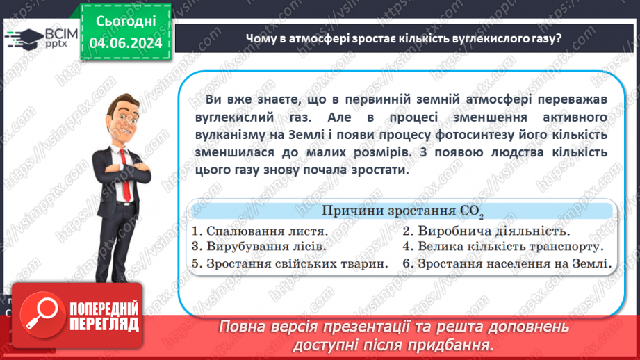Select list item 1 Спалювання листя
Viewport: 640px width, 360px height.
coord(261,231)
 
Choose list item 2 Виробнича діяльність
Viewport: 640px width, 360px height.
coord(486,231)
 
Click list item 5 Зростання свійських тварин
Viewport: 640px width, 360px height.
coord(289,263)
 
